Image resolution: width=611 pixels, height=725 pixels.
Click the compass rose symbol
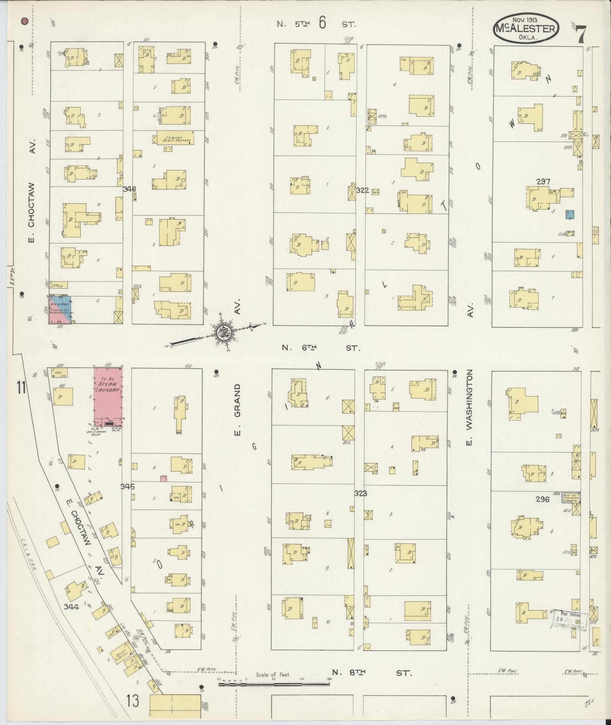point(222,334)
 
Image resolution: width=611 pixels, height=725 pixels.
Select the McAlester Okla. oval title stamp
point(526,29)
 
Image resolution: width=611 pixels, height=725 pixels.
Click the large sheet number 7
point(580,35)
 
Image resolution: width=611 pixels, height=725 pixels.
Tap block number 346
point(129,189)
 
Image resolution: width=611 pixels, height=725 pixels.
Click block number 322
point(362,191)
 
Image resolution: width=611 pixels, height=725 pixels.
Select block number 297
point(543,182)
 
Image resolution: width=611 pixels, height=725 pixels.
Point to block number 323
point(361,493)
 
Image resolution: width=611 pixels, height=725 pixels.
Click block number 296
point(542,499)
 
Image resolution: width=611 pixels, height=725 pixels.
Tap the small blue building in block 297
point(570,215)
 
